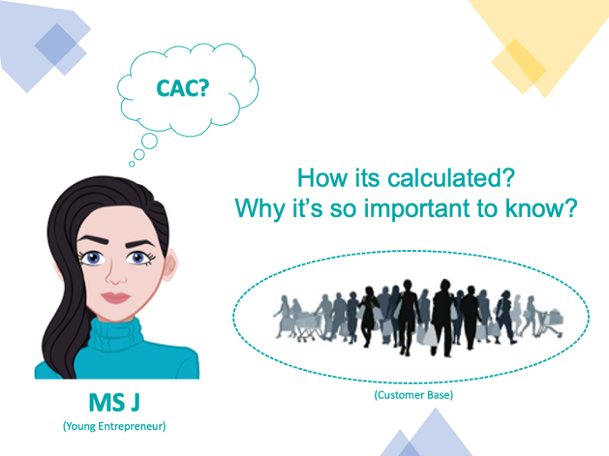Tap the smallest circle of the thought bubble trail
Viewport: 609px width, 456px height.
tap(132, 162)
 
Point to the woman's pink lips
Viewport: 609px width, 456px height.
tap(115, 297)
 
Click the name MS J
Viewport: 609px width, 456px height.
tap(113, 403)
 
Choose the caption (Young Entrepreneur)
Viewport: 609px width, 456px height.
tap(113, 426)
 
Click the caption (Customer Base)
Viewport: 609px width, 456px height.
tap(413, 395)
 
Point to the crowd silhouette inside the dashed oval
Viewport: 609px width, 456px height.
tap(413, 314)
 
